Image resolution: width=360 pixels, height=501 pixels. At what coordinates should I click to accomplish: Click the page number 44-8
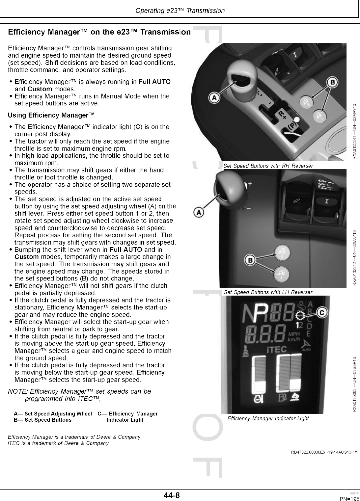coord(172,495)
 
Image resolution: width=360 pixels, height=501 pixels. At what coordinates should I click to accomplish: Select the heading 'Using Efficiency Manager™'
coord(51,115)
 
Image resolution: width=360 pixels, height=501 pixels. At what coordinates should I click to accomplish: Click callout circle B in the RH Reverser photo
coord(332,82)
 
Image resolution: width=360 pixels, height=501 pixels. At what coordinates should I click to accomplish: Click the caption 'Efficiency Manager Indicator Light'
coord(268,418)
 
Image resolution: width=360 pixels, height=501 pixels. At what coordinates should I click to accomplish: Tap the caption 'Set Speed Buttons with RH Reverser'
coord(268,166)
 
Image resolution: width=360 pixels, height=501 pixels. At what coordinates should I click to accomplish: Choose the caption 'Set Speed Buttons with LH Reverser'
coord(268,292)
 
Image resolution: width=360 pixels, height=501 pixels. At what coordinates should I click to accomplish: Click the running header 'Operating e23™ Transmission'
coord(180,11)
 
